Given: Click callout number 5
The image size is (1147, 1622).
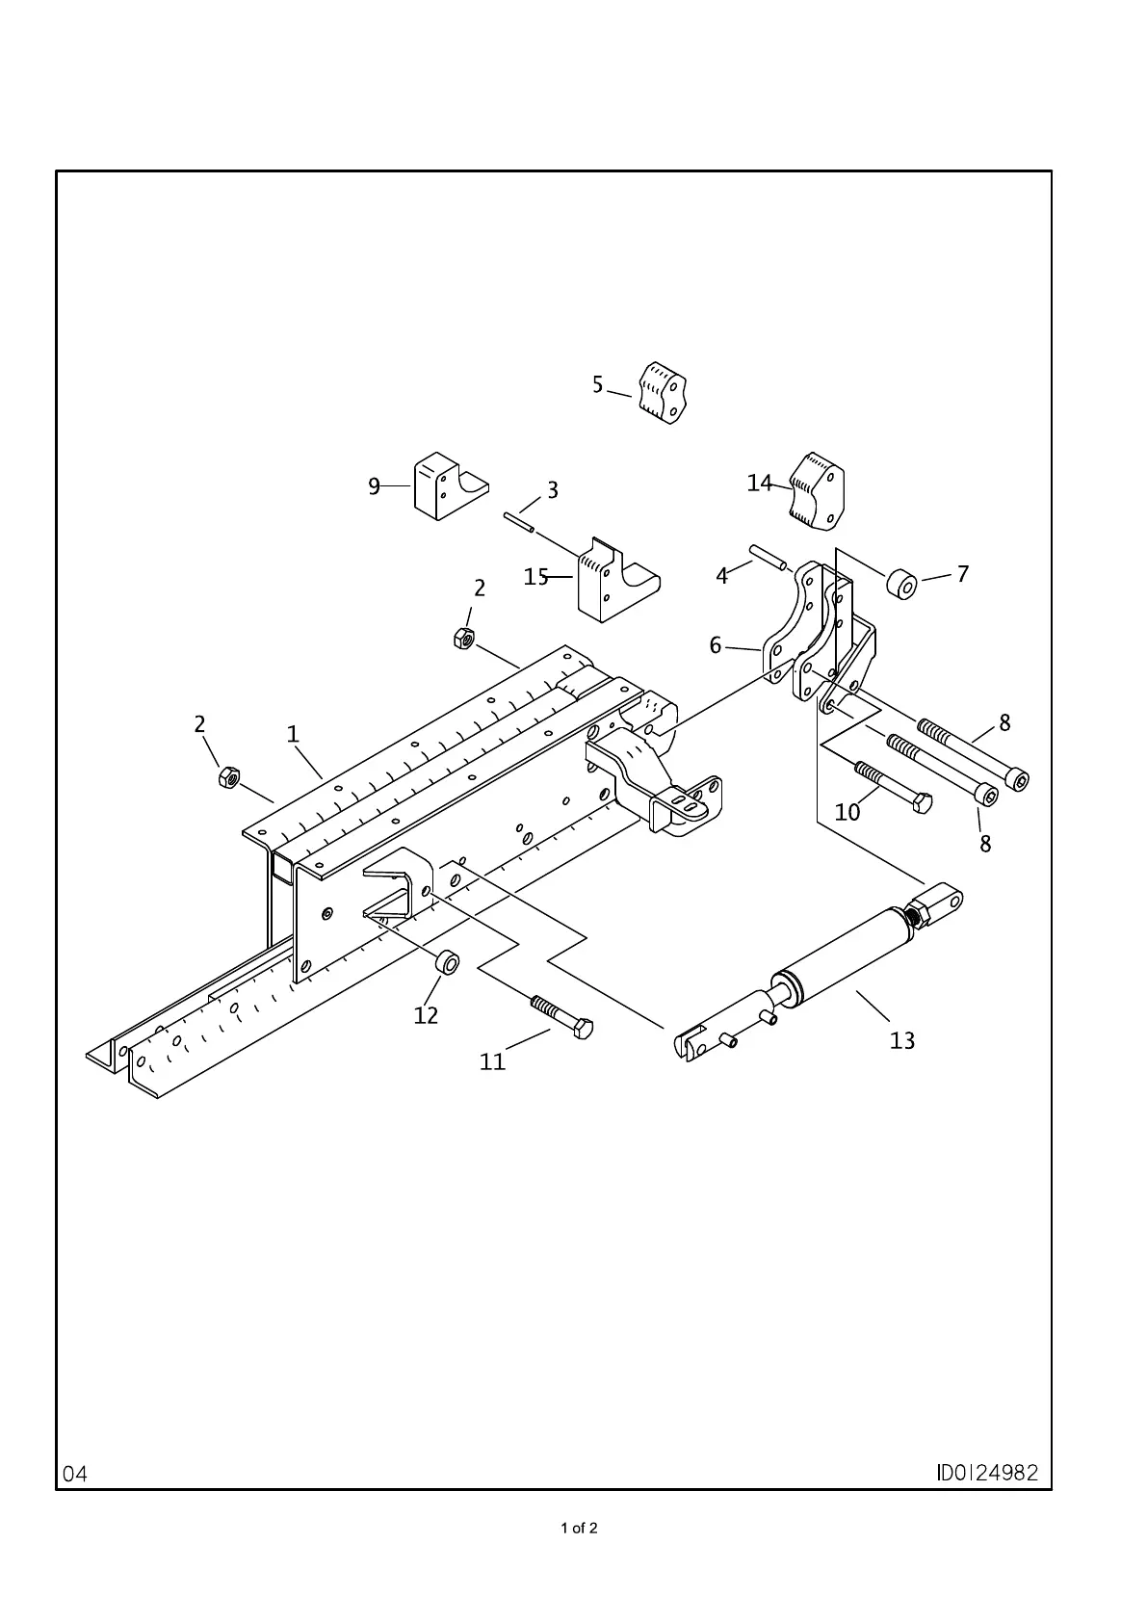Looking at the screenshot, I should click(x=597, y=385).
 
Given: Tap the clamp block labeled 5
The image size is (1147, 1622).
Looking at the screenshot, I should click(x=663, y=393).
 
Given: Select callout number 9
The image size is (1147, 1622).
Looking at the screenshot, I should click(x=375, y=486).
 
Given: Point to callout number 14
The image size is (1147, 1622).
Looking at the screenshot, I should click(x=760, y=483).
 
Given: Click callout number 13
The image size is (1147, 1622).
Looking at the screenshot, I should click(x=902, y=1040).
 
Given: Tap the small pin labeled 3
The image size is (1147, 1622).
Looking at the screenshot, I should click(x=517, y=521).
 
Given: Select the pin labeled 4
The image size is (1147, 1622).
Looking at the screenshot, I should click(x=768, y=558).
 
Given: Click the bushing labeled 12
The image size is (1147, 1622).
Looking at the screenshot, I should click(x=446, y=961).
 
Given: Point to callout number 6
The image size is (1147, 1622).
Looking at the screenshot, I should click(x=716, y=645).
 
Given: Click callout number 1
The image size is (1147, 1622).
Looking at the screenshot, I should click(x=293, y=734).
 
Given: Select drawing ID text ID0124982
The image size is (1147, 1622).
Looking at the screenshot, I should click(x=987, y=1473).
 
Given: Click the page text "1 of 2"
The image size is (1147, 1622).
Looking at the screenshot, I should click(x=579, y=1528).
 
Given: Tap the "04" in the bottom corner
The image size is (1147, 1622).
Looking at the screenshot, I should click(x=75, y=1474).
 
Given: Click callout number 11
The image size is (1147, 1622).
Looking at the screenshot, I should click(x=492, y=1061).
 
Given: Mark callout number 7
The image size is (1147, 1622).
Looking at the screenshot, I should click(x=963, y=574).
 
